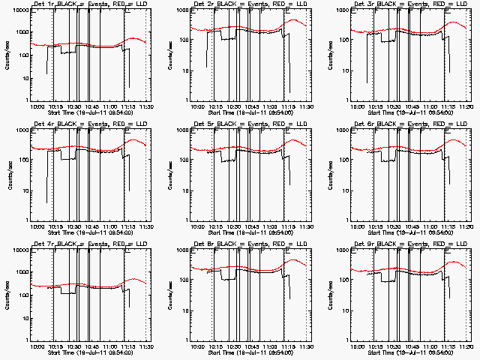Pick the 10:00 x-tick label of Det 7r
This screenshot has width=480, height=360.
[37, 347]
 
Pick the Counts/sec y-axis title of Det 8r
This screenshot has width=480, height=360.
[167, 295]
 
